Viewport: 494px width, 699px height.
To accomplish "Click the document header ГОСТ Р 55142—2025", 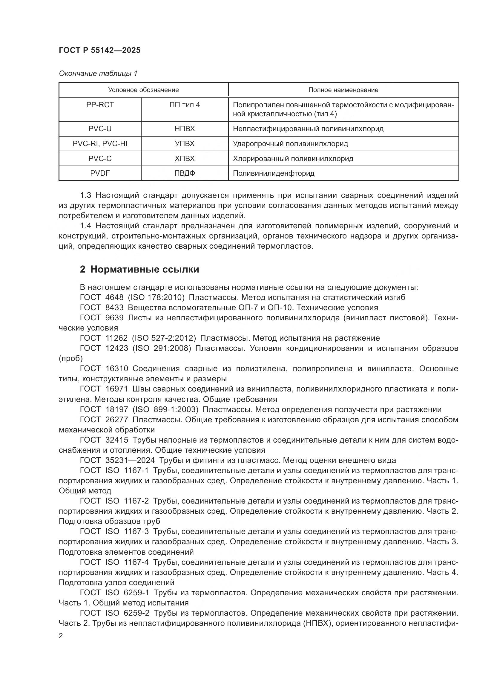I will tap(99, 51).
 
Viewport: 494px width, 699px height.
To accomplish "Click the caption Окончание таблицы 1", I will tap(98, 74).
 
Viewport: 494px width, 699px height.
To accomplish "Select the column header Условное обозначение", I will tap(143, 90).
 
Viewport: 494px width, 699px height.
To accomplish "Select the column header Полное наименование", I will tap(343, 90).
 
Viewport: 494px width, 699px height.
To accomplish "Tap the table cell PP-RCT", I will tap(100, 105).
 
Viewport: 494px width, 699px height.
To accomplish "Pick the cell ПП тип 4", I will tap(184, 105).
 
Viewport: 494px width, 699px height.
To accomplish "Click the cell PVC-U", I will tap(100, 129).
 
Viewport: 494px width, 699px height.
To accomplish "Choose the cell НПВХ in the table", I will tap(184, 129).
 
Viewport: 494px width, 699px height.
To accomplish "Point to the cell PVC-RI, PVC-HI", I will tap(100, 144).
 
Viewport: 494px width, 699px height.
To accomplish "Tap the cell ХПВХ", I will tap(184, 159).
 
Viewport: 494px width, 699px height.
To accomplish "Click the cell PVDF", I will tap(100, 173).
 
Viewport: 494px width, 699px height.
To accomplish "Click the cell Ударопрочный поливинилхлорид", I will tap(290, 144).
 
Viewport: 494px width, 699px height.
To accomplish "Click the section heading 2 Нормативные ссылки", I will tap(139, 270).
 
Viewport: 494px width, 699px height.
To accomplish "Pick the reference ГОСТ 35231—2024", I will tap(117, 460).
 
